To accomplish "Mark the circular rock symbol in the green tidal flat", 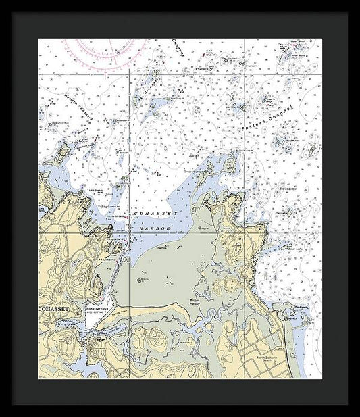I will pyautogui.click(x=143, y=278).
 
